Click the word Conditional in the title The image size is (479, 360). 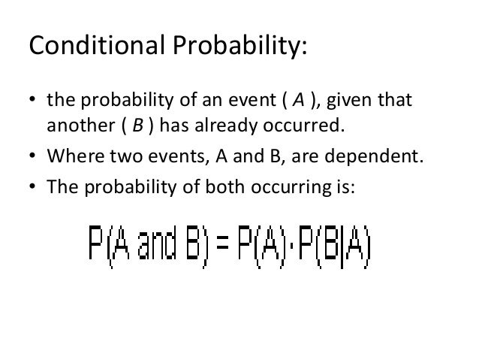[92, 47]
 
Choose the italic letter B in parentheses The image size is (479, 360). [138, 126]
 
